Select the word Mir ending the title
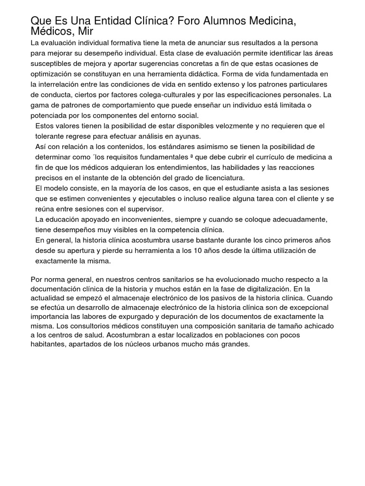coord(84,31)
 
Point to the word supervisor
coord(143,209)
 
